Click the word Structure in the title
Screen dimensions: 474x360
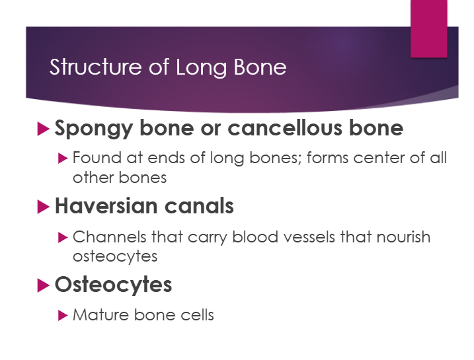[95, 67]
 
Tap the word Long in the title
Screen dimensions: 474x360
[202, 68]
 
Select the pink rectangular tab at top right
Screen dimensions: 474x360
[428, 28]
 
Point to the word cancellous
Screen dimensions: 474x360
[285, 127]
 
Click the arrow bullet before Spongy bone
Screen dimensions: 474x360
[43, 129]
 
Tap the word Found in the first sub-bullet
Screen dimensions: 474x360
[97, 158]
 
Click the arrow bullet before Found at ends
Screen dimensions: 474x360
[63, 159]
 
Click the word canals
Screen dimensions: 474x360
[199, 206]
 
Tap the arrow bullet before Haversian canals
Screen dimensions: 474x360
[43, 207]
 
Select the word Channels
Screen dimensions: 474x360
[110, 236]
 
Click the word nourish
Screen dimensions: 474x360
[403, 236]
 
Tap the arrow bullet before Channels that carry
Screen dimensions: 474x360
[63, 237]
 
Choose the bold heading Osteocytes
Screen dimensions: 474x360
[113, 285]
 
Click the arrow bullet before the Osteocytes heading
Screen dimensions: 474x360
[43, 285]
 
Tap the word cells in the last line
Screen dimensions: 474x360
[197, 315]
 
